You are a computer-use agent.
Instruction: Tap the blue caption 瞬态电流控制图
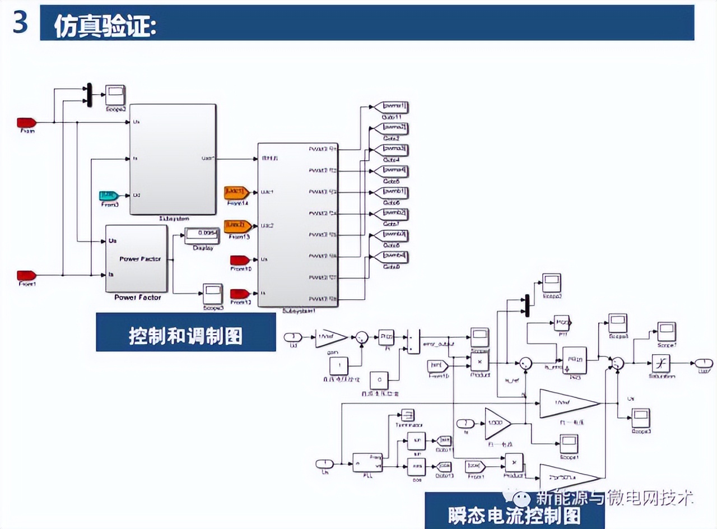coord(514,514)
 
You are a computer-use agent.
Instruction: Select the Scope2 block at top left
coord(116,95)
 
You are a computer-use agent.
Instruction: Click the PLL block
coord(367,462)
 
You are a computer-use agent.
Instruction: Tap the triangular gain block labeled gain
coord(327,337)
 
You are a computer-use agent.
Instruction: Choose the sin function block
coord(416,441)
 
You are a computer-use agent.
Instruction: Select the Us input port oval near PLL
coord(324,463)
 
